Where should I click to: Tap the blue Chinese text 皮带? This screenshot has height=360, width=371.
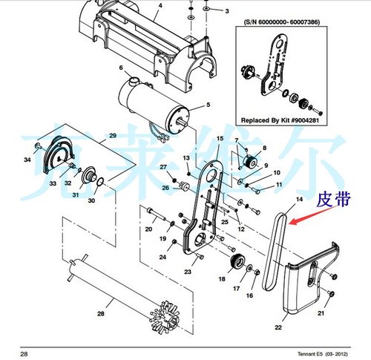pos(334,200)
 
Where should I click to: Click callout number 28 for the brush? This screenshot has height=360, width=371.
pos(101,314)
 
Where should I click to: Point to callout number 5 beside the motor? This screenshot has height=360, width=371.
pos(208,105)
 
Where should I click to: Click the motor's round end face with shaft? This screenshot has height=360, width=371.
pos(177,120)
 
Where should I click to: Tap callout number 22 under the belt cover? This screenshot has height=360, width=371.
pos(278,327)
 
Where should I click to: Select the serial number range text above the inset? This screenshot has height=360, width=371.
pos(281,22)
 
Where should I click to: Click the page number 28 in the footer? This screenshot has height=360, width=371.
pos(24,353)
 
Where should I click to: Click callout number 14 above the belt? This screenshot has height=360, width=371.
pos(299,199)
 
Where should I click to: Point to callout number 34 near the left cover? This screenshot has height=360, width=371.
pos(27,160)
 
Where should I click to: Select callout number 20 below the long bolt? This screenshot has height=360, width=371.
pos(148,229)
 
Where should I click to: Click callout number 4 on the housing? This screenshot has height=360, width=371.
pos(160,5)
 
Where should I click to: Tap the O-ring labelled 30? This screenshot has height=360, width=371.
pos(100,181)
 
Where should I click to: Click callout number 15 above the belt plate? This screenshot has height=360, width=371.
pos(220,139)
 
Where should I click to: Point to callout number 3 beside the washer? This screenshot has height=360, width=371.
pos(227,11)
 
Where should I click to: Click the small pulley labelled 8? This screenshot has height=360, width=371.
pos(251,161)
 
